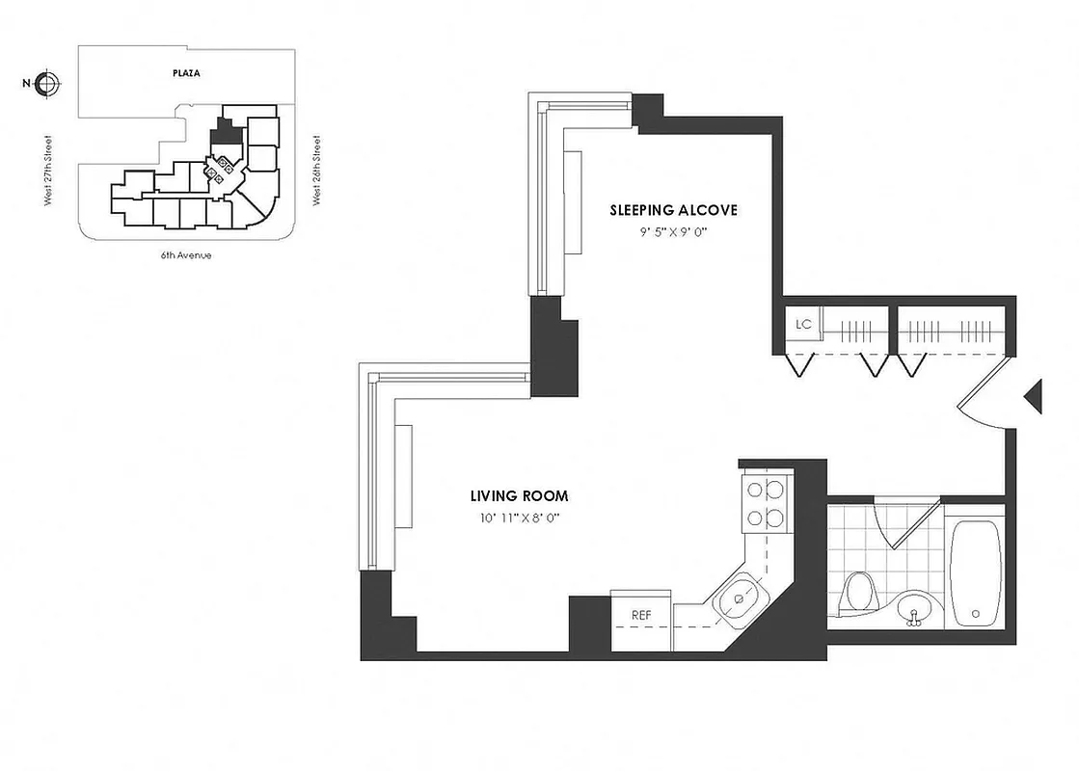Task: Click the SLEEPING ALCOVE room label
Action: click(x=674, y=210)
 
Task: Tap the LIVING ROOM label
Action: click(x=519, y=496)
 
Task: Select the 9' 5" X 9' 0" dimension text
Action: click(x=674, y=231)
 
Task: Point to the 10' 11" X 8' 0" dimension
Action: click(x=519, y=518)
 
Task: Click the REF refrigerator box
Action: click(x=641, y=615)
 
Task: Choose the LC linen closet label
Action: click(x=803, y=325)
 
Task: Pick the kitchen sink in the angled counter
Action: click(x=740, y=598)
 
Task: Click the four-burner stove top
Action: click(x=765, y=503)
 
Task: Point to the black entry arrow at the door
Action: click(x=1033, y=396)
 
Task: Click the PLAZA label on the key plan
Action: click(x=186, y=73)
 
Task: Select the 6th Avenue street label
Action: click(x=186, y=255)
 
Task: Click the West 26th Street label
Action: click(x=316, y=171)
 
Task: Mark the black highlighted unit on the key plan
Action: click(x=226, y=132)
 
